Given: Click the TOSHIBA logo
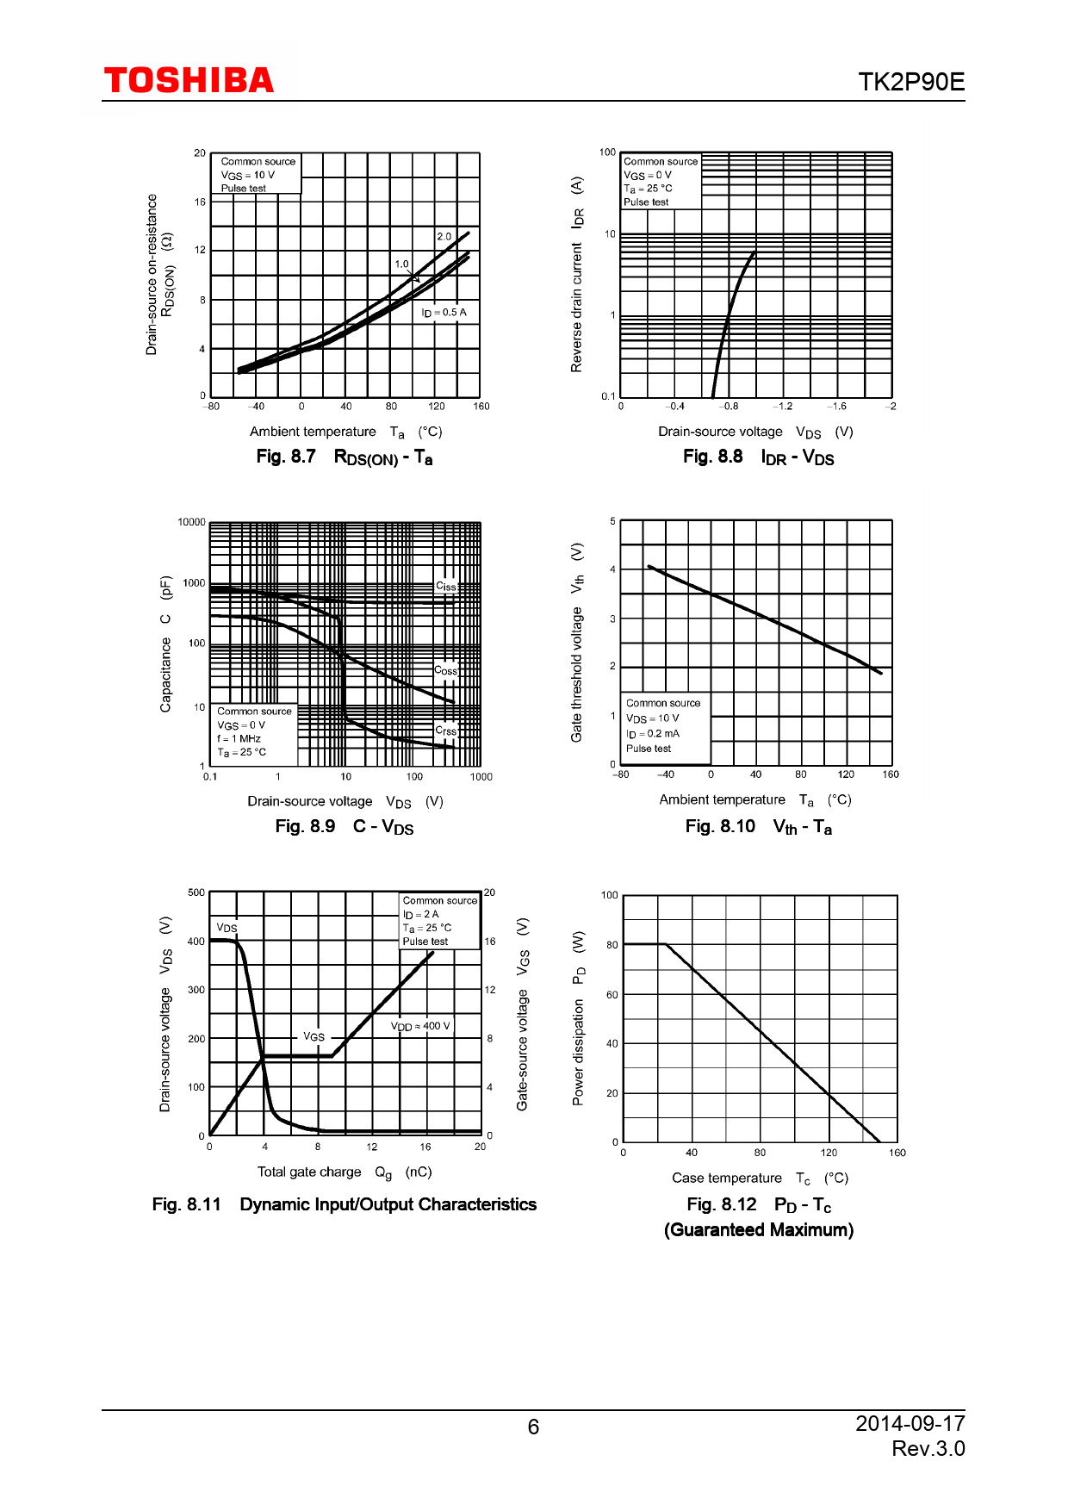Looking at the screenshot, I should (189, 81).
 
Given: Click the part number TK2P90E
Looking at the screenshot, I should (910, 82).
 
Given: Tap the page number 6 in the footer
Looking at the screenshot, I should (533, 1427).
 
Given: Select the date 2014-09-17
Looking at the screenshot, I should (910, 1423).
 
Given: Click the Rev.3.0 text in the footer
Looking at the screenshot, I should (928, 1449).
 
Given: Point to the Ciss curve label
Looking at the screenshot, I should (446, 587).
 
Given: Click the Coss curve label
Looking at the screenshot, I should (445, 671).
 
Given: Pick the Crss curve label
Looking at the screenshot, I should (445, 731).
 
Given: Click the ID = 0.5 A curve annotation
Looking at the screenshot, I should (444, 313).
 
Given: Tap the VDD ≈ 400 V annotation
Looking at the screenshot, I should (420, 1026).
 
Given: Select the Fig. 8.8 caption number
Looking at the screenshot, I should (712, 457).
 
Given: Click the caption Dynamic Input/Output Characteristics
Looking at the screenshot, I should (388, 1204).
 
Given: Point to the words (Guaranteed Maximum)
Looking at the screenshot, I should (758, 1230).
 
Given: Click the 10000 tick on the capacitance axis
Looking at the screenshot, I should (191, 522).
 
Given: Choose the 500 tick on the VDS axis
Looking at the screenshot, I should (196, 892).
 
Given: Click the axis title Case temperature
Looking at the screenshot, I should (727, 1178).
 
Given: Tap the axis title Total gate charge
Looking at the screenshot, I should (309, 1172).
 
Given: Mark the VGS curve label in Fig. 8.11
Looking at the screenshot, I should (314, 1037).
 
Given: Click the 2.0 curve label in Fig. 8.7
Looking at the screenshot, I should (444, 236).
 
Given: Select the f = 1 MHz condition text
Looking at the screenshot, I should (239, 738).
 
